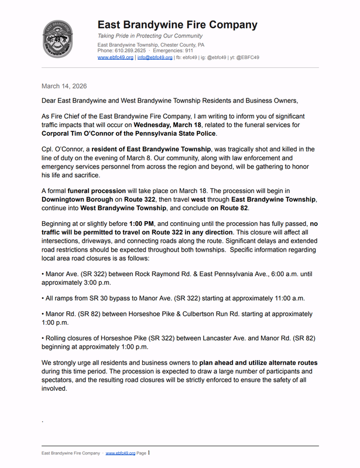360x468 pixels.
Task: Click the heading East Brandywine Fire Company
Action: pyautogui.click(x=177, y=25)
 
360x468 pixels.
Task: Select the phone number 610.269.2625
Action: pyautogui.click(x=129, y=51)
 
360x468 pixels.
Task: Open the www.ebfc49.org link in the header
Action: pyautogui.click(x=115, y=58)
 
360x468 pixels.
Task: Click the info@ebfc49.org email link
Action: pyautogui.click(x=155, y=58)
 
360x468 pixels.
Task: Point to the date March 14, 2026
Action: pyautogui.click(x=64, y=86)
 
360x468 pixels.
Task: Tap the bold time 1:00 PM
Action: pyautogui.click(x=145, y=224)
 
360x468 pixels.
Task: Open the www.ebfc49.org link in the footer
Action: pyautogui.click(x=121, y=453)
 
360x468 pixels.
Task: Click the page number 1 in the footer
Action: pyautogui.click(x=149, y=453)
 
